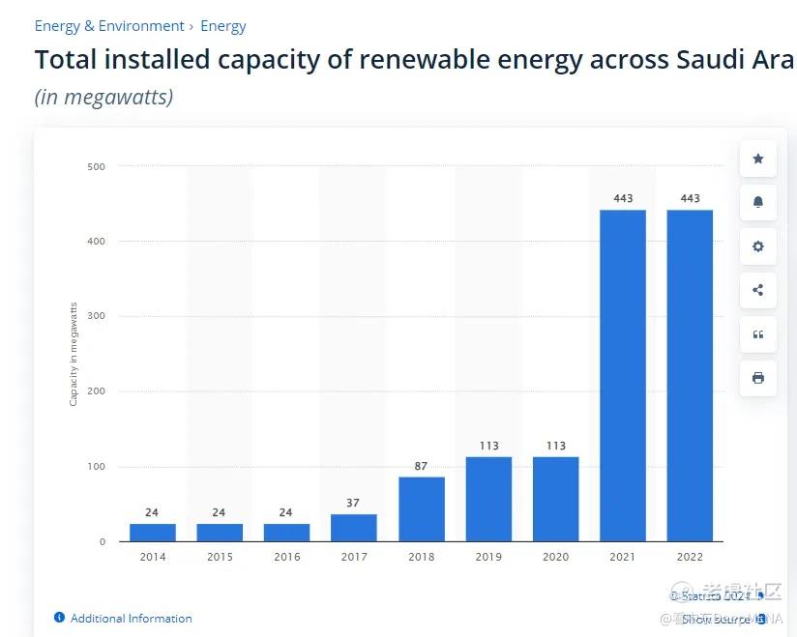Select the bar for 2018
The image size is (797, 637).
click(422, 508)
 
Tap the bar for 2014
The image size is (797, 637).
click(153, 532)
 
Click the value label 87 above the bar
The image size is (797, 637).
click(422, 466)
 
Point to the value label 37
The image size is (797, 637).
click(354, 503)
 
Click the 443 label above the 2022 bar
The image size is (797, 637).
click(690, 198)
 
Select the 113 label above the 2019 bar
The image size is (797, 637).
click(488, 446)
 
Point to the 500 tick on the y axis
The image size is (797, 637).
click(97, 166)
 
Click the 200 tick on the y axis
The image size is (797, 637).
click(97, 391)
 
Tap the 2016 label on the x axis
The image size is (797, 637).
click(286, 557)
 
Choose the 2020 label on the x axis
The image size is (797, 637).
click(555, 557)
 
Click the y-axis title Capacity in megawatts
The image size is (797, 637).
click(74, 354)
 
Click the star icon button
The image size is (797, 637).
click(758, 159)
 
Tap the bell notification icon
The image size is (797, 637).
click(758, 202)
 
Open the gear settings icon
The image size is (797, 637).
click(758, 246)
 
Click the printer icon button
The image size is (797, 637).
click(758, 378)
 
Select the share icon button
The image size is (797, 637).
click(758, 290)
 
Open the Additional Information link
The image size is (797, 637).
click(131, 619)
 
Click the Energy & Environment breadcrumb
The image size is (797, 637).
click(109, 26)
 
